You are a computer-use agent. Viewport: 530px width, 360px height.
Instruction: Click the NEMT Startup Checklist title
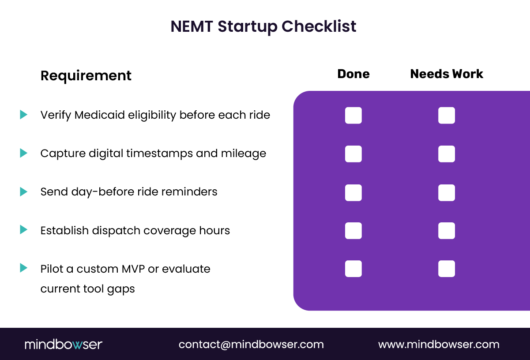pos(263,26)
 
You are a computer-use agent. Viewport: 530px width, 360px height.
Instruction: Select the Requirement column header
pos(86,76)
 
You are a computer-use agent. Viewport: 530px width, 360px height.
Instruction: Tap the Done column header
pos(353,74)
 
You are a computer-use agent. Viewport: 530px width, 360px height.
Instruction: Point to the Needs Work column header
pos(447,74)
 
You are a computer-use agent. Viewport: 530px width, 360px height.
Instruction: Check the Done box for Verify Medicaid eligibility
pos(353,116)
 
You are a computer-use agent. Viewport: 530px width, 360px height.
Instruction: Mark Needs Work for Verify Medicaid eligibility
pos(447,116)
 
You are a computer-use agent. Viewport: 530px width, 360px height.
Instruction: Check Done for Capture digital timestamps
pos(353,154)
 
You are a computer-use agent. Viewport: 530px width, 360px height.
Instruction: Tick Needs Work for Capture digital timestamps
pos(447,154)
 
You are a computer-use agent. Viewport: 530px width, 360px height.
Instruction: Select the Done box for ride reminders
pos(353,192)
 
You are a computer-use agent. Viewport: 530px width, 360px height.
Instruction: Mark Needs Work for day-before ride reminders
pos(447,192)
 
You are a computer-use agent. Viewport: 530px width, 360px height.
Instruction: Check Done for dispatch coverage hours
pos(353,231)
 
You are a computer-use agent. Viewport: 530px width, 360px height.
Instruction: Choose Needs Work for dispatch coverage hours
pos(447,231)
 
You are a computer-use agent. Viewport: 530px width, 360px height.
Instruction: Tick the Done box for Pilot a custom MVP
pos(353,269)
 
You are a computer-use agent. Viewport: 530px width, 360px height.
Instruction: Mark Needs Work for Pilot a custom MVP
pos(447,269)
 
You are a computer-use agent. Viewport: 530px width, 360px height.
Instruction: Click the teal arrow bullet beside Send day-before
pos(23,191)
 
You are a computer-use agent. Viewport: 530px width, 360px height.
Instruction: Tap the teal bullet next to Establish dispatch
pos(23,230)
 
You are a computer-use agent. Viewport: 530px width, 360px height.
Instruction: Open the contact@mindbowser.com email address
pos(251,345)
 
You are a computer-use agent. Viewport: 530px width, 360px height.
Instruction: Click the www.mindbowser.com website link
pos(439,345)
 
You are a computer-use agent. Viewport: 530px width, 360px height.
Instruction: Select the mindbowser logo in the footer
pos(64,345)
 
